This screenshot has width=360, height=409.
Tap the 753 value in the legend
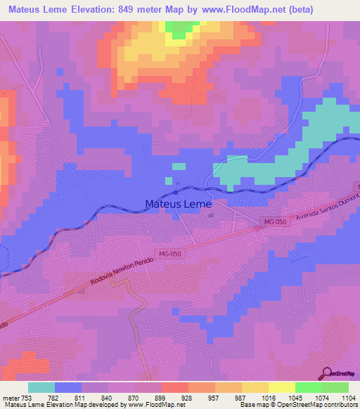click(27, 397)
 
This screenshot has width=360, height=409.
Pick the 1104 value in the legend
click(340, 397)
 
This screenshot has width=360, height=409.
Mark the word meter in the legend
click(11, 397)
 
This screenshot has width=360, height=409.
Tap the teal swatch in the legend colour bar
click(41, 387)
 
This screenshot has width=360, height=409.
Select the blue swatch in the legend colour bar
click(68, 387)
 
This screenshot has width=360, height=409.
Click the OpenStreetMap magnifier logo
click(328, 373)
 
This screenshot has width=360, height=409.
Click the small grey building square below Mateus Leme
click(210, 216)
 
